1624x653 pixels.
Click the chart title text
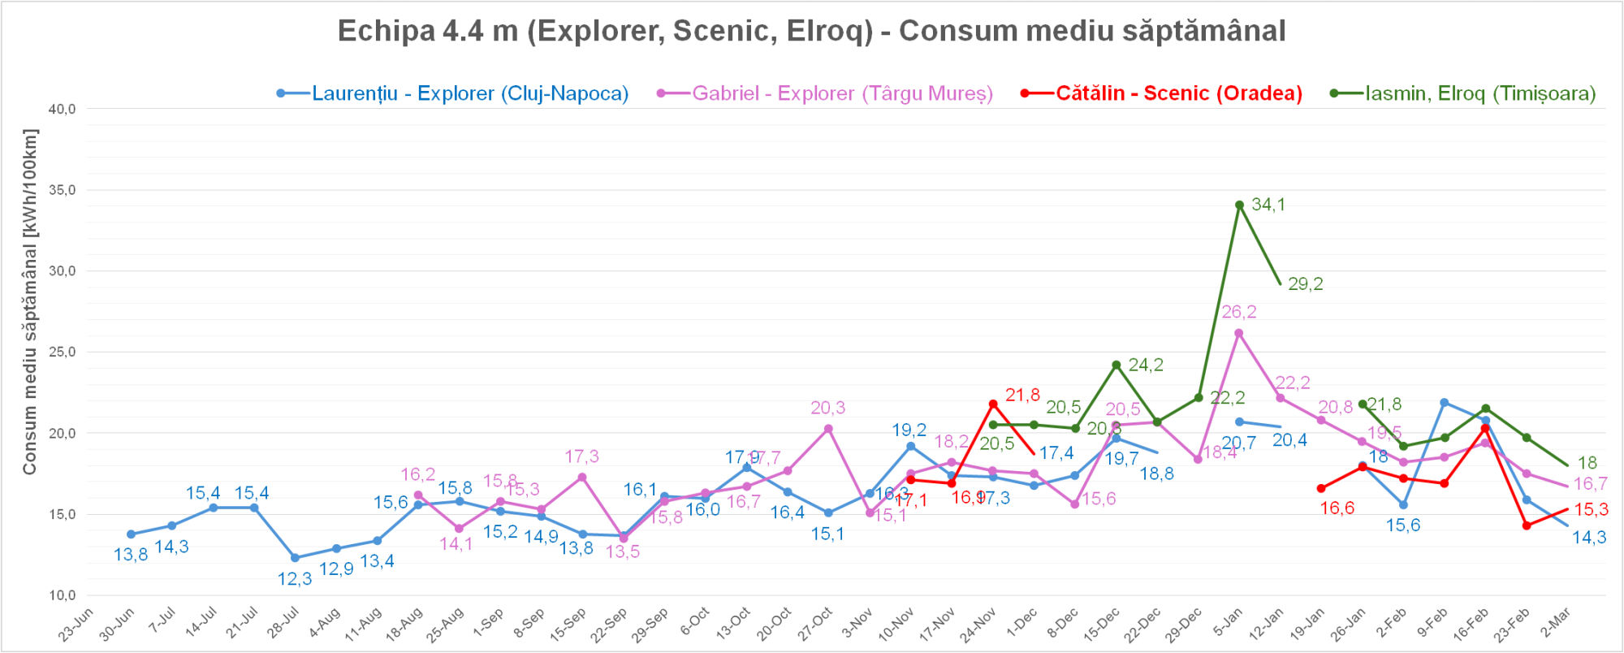811,31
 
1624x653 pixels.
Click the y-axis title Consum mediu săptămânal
30,301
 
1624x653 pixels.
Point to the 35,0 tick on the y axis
62,190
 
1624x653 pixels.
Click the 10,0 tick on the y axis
62,595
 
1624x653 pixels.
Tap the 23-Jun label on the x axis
77,624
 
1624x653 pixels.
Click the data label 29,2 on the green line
1305,284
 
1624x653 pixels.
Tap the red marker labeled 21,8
993,404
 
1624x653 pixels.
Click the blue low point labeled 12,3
295,558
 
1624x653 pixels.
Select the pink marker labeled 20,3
828,429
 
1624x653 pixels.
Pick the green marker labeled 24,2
1116,365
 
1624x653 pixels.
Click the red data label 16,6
1337,508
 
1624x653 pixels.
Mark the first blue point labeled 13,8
131,534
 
